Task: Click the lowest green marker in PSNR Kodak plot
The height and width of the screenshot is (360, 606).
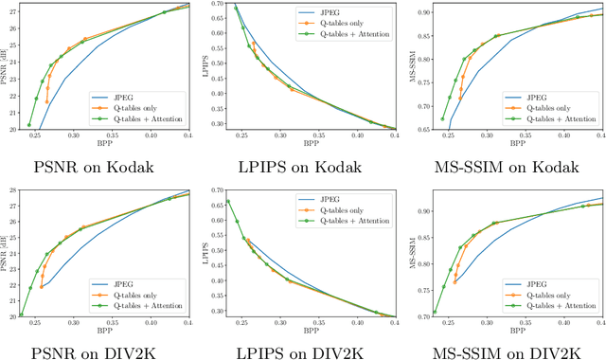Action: (29, 124)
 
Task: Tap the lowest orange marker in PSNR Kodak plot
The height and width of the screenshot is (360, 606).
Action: (47, 101)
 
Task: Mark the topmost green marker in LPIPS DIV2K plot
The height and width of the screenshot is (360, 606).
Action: (227, 202)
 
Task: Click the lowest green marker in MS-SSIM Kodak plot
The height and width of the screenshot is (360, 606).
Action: (442, 118)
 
